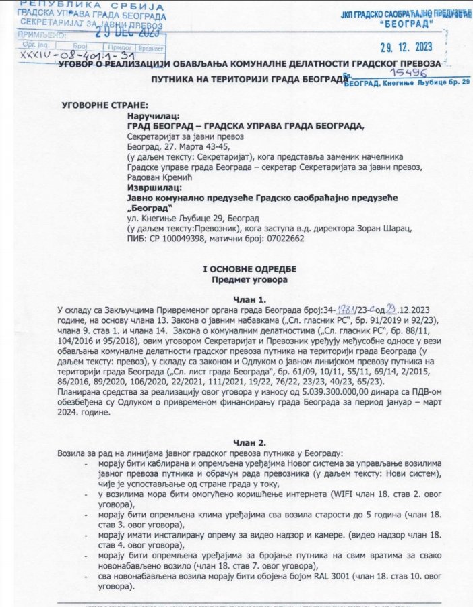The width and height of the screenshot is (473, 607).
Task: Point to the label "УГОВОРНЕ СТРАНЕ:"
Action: (x=103, y=107)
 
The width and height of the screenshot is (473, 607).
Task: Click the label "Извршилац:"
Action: (x=152, y=187)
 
